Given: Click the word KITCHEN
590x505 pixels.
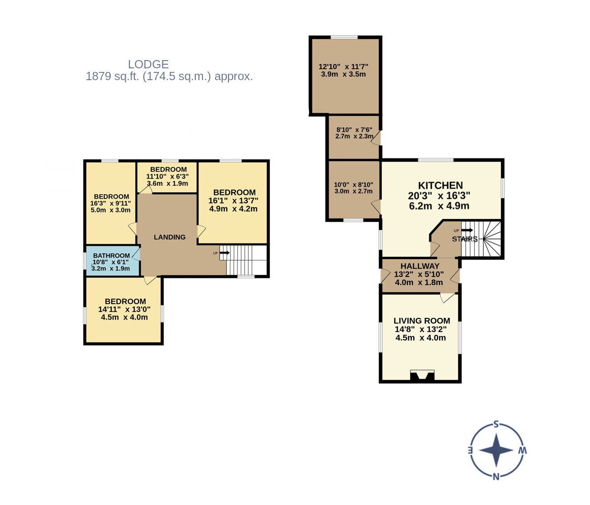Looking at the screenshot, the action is click(440, 185).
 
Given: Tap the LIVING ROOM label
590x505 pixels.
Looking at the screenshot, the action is click(422, 321).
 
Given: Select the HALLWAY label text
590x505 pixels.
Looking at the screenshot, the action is click(420, 266).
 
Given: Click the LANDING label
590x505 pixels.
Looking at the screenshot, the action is click(169, 237).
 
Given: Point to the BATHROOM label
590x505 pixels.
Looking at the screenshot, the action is click(112, 255).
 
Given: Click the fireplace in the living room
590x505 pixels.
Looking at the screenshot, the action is click(422, 375).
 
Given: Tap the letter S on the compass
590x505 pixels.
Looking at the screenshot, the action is click(496, 424).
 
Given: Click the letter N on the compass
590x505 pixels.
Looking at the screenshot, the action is click(496, 476).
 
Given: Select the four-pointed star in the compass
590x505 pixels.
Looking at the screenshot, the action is click(496, 450).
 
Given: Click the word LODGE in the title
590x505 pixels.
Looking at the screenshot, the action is click(148, 64).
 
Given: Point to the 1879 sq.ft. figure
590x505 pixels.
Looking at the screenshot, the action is click(112, 77).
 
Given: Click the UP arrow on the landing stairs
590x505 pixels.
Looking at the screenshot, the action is click(224, 253).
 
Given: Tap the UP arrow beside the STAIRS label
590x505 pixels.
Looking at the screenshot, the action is click(467, 230).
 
